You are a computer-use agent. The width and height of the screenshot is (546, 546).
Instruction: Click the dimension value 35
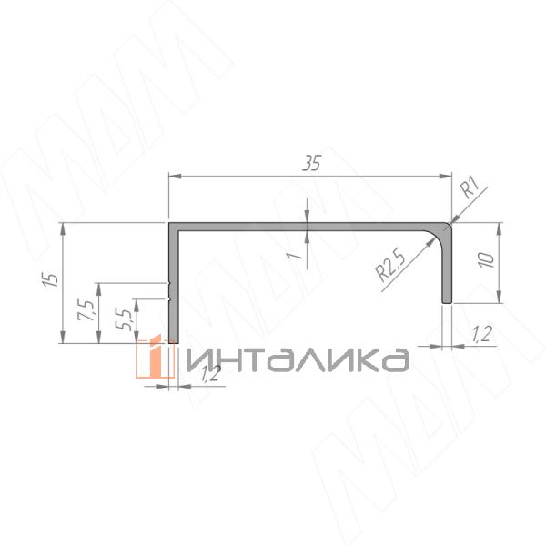coord(311,163)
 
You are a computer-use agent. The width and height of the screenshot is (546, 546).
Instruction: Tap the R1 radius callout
coord(470,187)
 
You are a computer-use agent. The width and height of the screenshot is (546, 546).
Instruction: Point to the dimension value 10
coord(486,260)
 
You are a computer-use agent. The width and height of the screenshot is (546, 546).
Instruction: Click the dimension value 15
coord(50,279)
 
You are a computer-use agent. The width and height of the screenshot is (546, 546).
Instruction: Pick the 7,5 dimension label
coord(86,310)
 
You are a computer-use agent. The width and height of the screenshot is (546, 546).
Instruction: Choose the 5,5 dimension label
coord(124,319)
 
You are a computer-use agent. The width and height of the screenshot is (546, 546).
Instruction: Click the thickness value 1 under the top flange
coord(294,256)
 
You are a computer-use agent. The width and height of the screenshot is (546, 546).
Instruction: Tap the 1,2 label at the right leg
coord(482,334)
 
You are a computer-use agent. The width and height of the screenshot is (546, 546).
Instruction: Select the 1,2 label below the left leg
coord(210,374)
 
